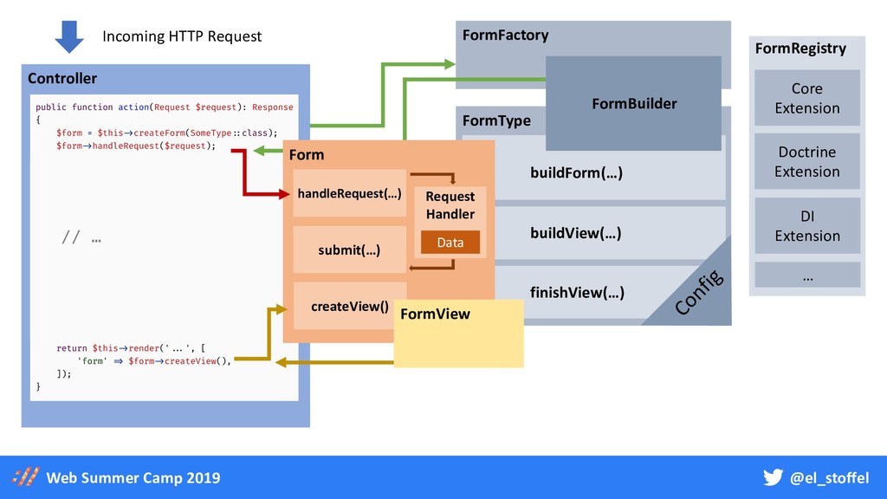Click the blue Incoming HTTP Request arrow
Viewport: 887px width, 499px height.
point(69,36)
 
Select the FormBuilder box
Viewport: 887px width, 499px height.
point(633,103)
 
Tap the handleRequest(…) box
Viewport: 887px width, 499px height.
point(349,193)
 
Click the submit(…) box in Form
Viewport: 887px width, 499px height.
point(349,249)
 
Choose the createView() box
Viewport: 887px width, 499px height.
point(349,306)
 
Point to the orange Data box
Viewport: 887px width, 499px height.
point(450,243)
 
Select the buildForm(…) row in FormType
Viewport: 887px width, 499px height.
point(576,173)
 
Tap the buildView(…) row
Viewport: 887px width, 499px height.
point(576,233)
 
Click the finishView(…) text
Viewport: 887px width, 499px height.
point(576,292)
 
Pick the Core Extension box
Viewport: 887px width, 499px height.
point(806,98)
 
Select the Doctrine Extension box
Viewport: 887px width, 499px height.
point(806,162)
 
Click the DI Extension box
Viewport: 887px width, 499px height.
point(806,225)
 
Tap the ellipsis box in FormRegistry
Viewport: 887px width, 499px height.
point(806,275)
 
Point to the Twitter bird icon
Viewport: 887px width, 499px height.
point(773,477)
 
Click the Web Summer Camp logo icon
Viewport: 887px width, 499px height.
point(26,477)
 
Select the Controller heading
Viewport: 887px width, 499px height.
point(62,78)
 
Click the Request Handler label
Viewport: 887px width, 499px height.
point(450,205)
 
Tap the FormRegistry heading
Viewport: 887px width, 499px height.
point(800,49)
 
